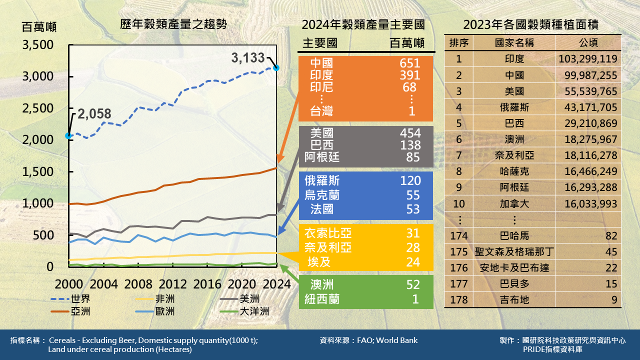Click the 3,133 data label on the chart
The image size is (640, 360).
pos(248,58)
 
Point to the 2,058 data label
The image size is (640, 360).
pos(94,114)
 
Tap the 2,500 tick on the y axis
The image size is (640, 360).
pos(38,108)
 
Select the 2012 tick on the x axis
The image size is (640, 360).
pos(172,284)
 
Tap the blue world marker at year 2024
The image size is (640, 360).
pos(276,67)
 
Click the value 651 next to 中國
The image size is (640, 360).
pos(410,63)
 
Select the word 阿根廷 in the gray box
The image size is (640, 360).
pos(322,157)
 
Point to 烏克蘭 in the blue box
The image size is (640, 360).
pos(322,194)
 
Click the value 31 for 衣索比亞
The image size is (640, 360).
pos(412,233)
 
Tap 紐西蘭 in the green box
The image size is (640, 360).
pos(322,299)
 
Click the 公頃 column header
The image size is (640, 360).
pos(588,42)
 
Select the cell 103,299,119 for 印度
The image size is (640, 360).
pos(588,59)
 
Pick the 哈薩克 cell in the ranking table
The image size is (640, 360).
pos(514,171)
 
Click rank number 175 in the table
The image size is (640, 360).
pos(458,251)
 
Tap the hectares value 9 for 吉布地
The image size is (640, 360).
pos(614,300)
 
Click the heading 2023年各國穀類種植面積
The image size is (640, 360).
pos(530,24)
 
